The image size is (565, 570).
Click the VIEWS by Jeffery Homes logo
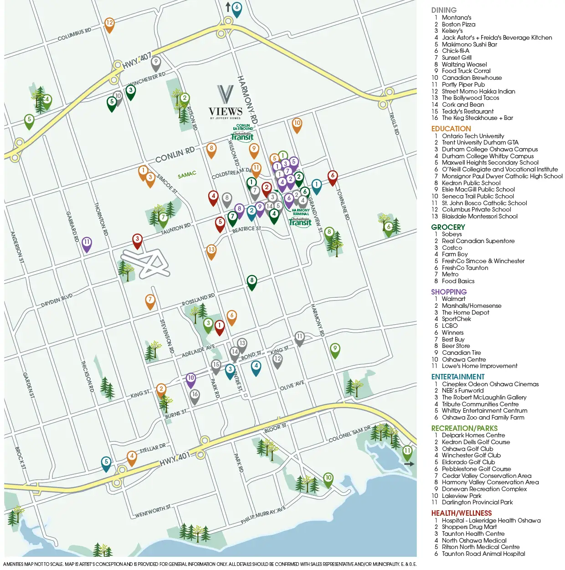(226, 103)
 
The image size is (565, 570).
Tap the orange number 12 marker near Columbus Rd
(109, 24)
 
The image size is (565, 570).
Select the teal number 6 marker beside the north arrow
(236, 9)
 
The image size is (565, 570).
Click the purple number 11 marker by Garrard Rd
(87, 244)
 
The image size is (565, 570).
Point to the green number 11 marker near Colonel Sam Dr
(407, 452)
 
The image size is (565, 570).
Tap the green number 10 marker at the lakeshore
(328, 479)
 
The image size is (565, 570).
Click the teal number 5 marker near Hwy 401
(106, 463)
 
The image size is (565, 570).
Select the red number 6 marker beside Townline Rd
(333, 177)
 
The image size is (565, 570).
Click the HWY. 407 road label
(136, 61)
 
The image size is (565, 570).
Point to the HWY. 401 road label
(175, 459)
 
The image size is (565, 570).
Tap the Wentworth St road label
(153, 511)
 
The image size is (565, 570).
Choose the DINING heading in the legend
(443, 10)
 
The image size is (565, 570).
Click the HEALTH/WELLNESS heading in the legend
(461, 513)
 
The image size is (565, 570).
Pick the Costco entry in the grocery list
(452, 248)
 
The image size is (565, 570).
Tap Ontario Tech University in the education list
(473, 136)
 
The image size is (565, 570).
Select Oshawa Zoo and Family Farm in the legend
(483, 417)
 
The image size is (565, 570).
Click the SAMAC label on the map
(187, 175)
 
